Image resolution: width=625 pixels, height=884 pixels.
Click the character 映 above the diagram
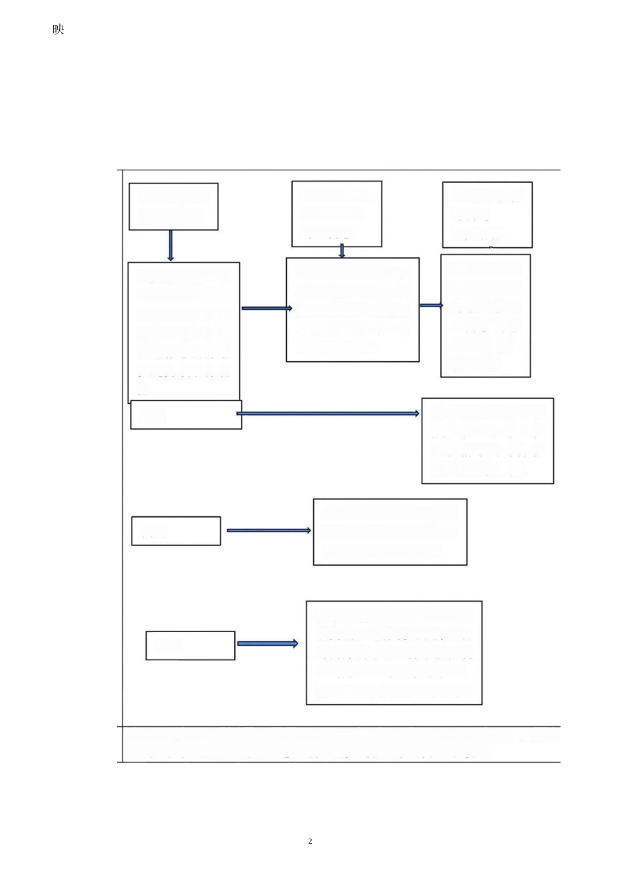pos(59,30)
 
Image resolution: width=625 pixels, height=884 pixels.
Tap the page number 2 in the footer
pos(310,841)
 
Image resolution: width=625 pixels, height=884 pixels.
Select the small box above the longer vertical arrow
pos(173,207)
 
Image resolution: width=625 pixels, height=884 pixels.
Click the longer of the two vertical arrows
pos(170,245)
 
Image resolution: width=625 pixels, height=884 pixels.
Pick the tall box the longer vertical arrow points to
pos(184,332)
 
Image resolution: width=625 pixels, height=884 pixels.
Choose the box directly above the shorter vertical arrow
pos(336,214)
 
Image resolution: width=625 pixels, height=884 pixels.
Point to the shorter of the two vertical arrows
pos(341,251)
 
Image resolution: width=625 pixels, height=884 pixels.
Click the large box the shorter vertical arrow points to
pos(352,309)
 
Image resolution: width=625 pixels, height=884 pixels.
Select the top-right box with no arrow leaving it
pos(487,214)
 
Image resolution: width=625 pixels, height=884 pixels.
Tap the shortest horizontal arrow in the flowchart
pos(431,305)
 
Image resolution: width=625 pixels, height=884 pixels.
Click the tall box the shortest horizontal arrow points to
pos(485,316)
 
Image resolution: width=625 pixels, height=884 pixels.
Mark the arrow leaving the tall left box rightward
pos(266,308)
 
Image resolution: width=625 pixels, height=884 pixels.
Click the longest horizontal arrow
pos(328,414)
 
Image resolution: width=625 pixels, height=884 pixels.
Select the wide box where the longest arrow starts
pos(186,414)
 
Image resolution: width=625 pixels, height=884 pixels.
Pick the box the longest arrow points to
pos(487,440)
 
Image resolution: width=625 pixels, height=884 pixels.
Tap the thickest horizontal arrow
pos(267,643)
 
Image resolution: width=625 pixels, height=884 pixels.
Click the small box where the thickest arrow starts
pos(190,645)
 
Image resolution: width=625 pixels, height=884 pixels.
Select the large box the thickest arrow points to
pos(393,652)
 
